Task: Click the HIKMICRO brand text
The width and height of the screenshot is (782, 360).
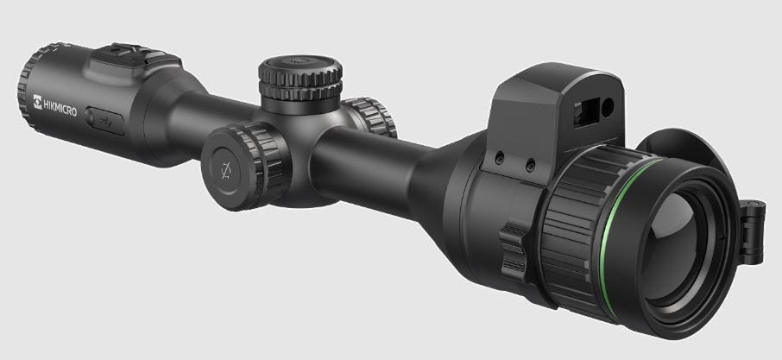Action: point(60,107)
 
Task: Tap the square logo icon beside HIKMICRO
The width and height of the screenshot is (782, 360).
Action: point(37,101)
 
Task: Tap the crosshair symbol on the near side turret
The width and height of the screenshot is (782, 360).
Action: point(226,171)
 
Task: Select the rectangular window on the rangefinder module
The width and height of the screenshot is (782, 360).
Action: point(586,112)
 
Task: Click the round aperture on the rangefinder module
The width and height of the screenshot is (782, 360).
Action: point(608,108)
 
